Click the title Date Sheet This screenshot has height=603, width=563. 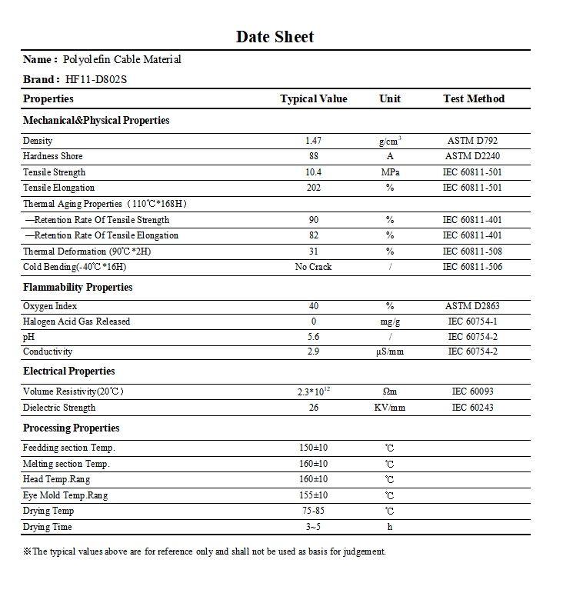click(275, 36)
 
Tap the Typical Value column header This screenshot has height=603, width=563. click(313, 98)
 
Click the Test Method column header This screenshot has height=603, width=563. click(473, 98)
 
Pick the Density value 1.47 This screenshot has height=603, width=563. click(313, 141)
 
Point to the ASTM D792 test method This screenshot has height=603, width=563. click(472, 141)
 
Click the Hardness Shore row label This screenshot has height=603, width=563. click(53, 156)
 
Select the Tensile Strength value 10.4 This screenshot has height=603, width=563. click(313, 172)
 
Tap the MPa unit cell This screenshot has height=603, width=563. click(390, 172)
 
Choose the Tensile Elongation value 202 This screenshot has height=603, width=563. click(313, 188)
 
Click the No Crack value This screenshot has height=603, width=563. click(313, 267)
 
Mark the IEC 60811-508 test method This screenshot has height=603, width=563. click(472, 252)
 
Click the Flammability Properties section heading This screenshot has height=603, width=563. click(78, 287)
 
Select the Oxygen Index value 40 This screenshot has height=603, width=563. click(313, 306)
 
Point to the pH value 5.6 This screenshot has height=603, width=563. click(313, 337)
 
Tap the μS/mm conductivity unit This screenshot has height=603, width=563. click(390, 351)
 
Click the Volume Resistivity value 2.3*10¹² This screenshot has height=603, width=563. click(313, 391)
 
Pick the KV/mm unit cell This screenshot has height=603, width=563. click(390, 408)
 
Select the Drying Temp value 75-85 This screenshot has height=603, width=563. click(313, 511)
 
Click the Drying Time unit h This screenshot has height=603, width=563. click(390, 527)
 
